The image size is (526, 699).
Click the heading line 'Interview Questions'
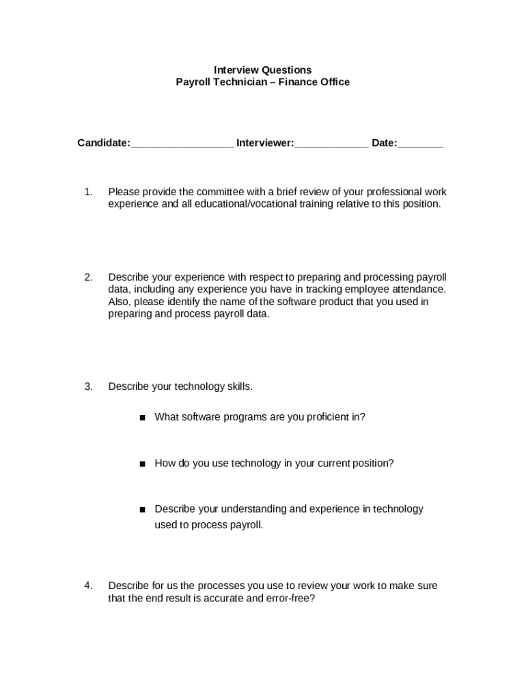pos(262,70)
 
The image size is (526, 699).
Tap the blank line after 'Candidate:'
pos(182,144)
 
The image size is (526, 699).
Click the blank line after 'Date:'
pos(420,144)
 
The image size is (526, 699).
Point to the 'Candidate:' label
pos(103,143)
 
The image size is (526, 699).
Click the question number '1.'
pos(88,192)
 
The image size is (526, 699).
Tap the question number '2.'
pos(88,277)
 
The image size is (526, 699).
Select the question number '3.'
pos(88,386)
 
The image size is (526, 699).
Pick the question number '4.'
pos(88,586)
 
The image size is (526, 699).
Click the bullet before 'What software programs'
pos(142,417)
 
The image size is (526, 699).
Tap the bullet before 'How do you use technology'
pos(142,463)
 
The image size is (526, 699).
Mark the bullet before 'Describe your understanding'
pos(142,509)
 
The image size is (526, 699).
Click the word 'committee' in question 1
pos(223,192)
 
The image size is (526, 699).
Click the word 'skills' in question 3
pos(238,386)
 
